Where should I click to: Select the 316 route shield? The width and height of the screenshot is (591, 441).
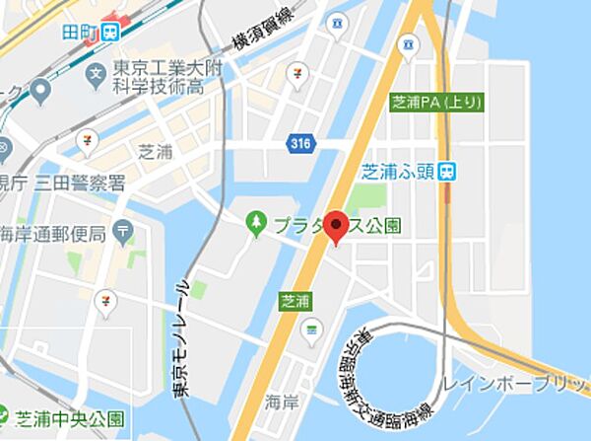coord(302,144)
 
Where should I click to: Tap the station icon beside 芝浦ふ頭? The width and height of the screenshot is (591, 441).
coord(447,170)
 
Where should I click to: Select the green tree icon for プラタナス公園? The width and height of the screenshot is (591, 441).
coord(258,224)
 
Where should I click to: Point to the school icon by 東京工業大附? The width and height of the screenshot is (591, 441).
coord(96,73)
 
